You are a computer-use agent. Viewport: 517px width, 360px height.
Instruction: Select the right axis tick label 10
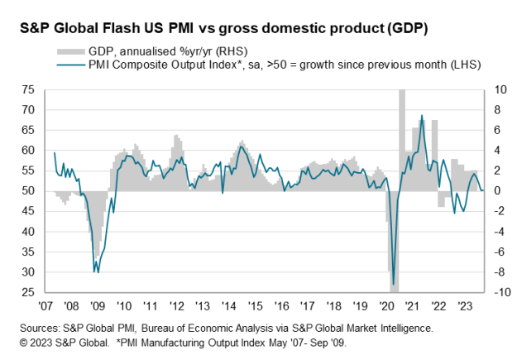coord(498,89)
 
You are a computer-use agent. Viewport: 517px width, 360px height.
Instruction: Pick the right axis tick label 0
coord(495,191)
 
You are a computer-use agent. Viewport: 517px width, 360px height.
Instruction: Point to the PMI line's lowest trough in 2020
coord(394,284)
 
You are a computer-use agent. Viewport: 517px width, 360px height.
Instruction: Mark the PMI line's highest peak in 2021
coord(422,116)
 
